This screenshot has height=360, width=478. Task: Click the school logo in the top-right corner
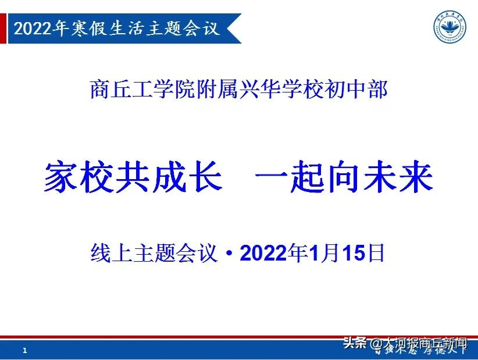pos(452,26)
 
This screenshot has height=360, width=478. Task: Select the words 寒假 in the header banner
pos(87,28)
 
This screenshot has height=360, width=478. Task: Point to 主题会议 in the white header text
pos(180,28)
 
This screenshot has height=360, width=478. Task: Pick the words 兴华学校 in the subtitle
pos(281,90)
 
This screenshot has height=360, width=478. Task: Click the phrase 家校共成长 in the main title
pos(133,176)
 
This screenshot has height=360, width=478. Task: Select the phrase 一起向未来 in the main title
pos(345,176)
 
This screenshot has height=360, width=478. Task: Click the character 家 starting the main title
pos(61,176)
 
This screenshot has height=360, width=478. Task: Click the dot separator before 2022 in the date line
pos(230,254)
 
